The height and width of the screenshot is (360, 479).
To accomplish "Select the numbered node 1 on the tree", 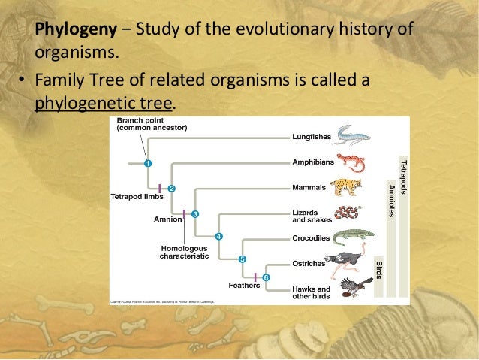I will pyautogui.click(x=148, y=162).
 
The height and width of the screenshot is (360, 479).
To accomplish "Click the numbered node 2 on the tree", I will pyautogui.click(x=171, y=188).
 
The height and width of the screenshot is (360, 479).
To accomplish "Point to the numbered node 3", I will pyautogui.click(x=195, y=214).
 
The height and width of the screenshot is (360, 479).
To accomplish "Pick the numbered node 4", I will pyautogui.click(x=218, y=237).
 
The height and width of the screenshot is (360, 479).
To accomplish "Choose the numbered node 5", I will pyautogui.click(x=242, y=259).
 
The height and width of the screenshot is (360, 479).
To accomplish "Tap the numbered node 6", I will pyautogui.click(x=266, y=278).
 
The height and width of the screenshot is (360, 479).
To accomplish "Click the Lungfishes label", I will pyautogui.click(x=310, y=137).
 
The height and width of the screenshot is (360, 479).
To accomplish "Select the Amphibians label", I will pyautogui.click(x=311, y=162).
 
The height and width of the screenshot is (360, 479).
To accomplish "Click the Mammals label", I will pyautogui.click(x=308, y=187).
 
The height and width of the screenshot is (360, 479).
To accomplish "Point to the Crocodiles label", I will pyautogui.click(x=310, y=238).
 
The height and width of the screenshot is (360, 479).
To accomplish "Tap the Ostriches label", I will pyautogui.click(x=308, y=264).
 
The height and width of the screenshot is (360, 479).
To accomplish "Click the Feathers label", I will pyautogui.click(x=244, y=285).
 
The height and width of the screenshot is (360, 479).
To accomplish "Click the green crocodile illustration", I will pyautogui.click(x=350, y=237).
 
